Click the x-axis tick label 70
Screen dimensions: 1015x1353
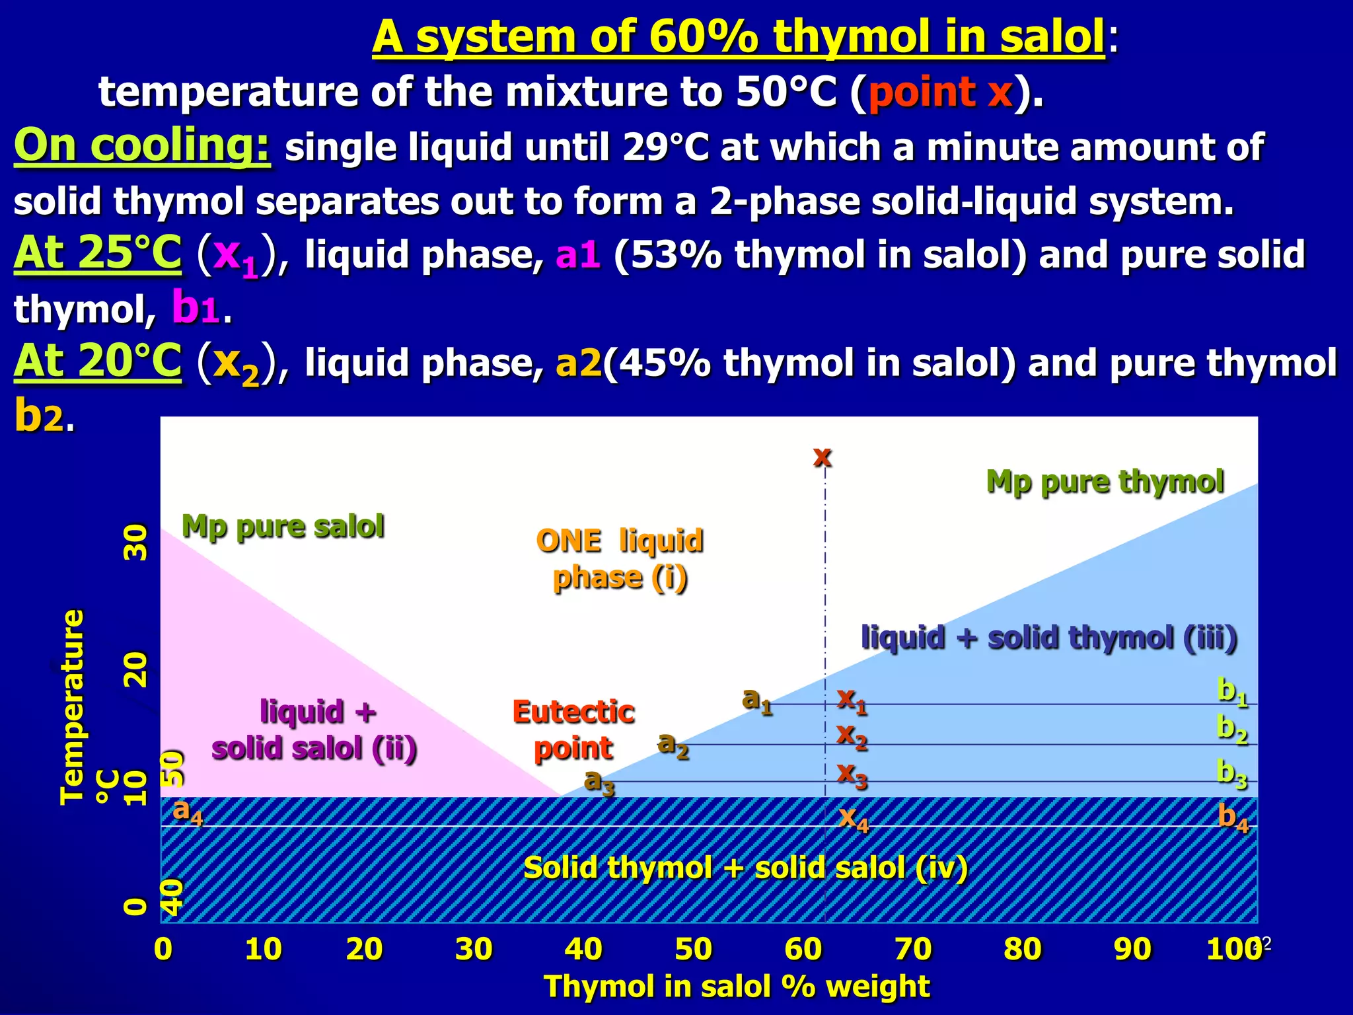pos(913,949)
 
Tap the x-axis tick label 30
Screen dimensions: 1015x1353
pos(474,949)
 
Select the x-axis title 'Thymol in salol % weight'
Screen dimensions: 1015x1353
pos(737,987)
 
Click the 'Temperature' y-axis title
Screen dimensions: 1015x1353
pos(72,707)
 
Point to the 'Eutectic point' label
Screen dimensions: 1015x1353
pos(573,730)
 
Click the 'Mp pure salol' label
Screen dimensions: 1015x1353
pos(283,527)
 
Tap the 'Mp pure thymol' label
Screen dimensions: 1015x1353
pos(1105,482)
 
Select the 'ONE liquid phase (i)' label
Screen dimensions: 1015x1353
pos(620,559)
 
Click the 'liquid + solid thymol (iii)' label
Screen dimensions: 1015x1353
pos(1049,638)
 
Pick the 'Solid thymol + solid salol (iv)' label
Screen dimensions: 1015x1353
pos(745,868)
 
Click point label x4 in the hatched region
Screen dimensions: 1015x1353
pos(853,819)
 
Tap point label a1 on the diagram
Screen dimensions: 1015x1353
pos(756,700)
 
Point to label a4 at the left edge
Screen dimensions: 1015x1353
pos(187,811)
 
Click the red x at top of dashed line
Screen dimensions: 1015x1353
pos(823,456)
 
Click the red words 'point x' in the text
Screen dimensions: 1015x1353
pos(940,92)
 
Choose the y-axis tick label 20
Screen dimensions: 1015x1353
pos(136,669)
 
